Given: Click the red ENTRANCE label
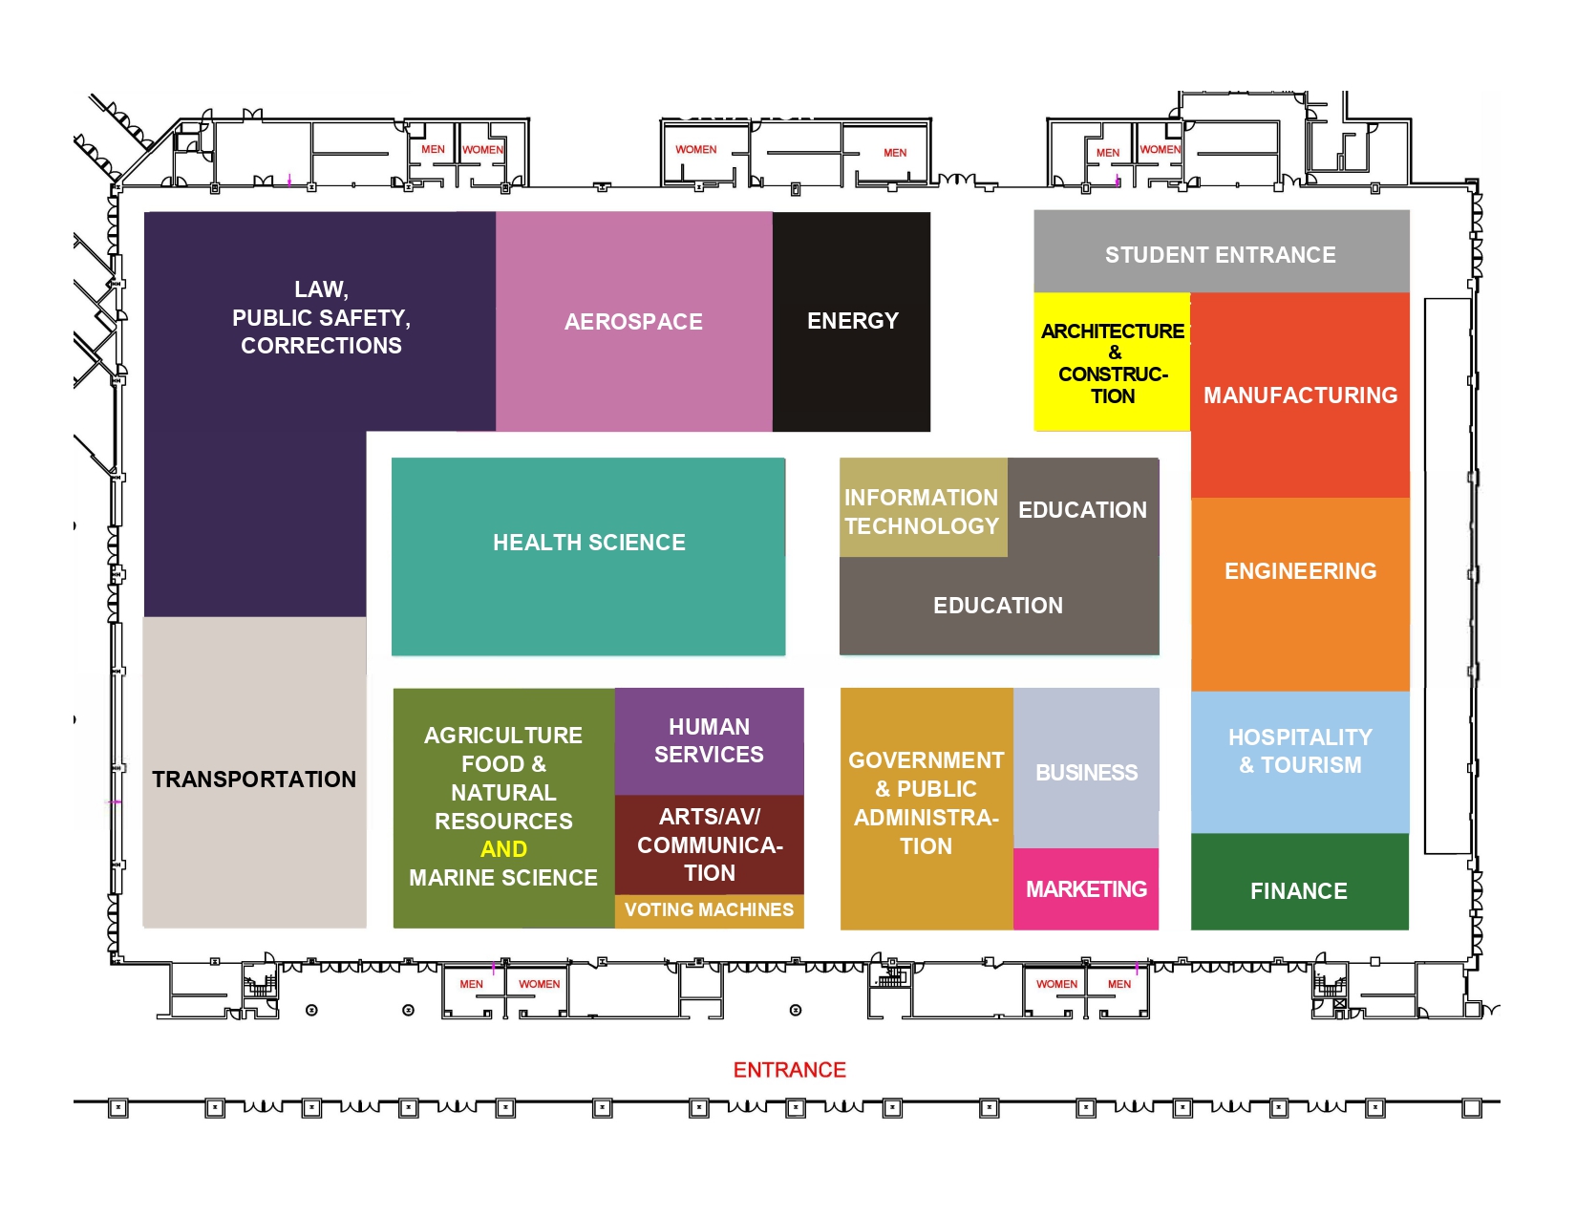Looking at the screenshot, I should (789, 1070).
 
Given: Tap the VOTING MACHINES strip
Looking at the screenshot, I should (709, 910).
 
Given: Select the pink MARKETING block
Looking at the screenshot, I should (1086, 889).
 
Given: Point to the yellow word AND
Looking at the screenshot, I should (503, 849).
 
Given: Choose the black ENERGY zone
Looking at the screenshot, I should (852, 321).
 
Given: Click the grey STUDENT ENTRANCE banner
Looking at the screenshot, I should (1221, 254).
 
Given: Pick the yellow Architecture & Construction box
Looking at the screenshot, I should (1113, 363).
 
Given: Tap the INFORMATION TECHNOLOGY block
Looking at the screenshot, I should (922, 511).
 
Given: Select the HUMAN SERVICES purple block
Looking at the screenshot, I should (709, 741).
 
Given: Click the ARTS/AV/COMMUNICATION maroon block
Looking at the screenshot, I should (709, 844).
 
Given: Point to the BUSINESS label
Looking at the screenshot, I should (1087, 772).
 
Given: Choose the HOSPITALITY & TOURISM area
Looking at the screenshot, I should (1300, 752).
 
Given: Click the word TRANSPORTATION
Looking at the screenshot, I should (254, 780).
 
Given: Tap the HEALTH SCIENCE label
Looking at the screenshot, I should (589, 543).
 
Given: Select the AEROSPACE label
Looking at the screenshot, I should (633, 322).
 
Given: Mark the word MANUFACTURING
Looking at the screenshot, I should (1300, 395).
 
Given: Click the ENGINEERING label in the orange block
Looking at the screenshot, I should (1300, 571).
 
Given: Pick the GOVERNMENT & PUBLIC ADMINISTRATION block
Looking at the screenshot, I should (926, 802).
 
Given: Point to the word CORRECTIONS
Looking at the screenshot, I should (321, 346).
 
